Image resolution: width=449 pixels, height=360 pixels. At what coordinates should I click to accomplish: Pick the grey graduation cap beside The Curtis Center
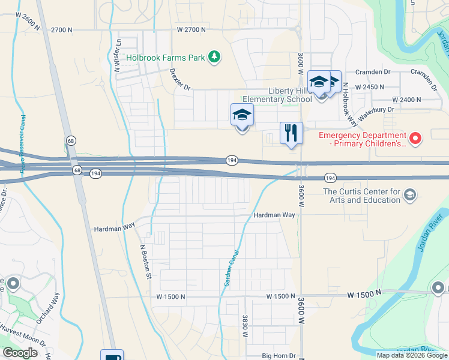pos(409,194)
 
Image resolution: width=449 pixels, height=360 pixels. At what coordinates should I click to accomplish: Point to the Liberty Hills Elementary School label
pos(276,95)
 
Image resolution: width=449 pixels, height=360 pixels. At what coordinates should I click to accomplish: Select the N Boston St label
pos(145,261)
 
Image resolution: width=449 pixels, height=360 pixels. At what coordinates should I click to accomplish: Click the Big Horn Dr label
pos(279,356)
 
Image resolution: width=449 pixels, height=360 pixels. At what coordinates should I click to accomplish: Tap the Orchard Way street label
pos(47,308)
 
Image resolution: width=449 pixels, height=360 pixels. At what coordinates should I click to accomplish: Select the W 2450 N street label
pos(369,87)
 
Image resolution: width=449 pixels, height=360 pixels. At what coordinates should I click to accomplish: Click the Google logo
pos(20,353)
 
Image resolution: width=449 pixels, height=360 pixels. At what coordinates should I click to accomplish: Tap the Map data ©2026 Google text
pos(412,355)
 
